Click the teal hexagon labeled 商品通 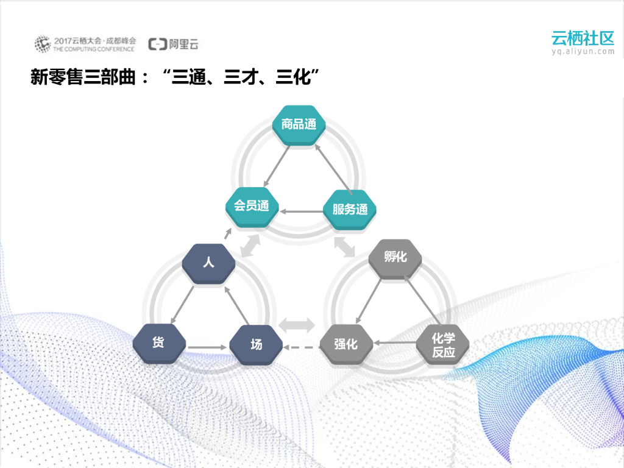tap(299, 125)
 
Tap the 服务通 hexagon tap(350, 210)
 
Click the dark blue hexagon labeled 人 tap(209, 263)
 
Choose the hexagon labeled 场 tap(257, 344)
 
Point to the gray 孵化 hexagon tap(395, 257)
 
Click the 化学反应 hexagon tap(443, 345)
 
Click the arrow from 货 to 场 tap(207, 348)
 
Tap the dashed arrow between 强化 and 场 tap(301, 348)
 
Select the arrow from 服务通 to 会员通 tap(301, 211)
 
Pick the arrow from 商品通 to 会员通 tap(275, 165)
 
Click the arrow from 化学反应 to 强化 tap(395, 343)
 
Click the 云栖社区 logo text tap(583, 38)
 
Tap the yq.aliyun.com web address tap(583, 52)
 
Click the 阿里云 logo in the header tap(174, 44)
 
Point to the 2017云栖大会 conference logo tap(85, 44)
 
